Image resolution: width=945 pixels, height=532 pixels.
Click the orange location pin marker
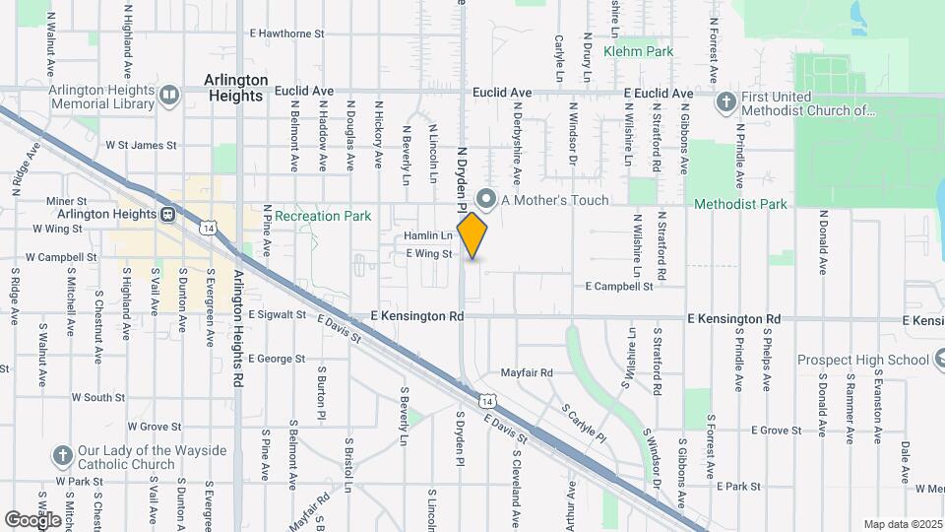tap(472, 235)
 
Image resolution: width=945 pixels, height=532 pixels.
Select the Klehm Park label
tap(638, 51)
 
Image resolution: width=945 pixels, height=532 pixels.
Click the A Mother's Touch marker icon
tap(484, 198)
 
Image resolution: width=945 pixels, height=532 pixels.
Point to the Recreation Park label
tap(322, 216)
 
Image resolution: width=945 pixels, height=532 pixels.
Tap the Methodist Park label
tap(740, 204)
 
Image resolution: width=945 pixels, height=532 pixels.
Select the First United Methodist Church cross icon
tap(725, 101)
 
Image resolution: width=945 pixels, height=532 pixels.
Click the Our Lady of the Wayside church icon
tap(62, 456)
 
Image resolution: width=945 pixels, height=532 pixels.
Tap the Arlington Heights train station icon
tap(168, 214)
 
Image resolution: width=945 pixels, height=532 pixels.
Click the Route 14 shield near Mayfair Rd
tap(487, 400)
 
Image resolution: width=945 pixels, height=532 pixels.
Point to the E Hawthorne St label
tap(286, 33)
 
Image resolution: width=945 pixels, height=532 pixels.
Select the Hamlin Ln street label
tap(428, 236)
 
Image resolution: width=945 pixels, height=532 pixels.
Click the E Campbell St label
tap(619, 287)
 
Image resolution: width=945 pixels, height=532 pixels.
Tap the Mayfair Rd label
tap(527, 373)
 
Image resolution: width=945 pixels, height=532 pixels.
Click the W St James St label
tap(140, 145)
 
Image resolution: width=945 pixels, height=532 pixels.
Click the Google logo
tap(32, 520)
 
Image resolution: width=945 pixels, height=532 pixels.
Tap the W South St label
tap(97, 397)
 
